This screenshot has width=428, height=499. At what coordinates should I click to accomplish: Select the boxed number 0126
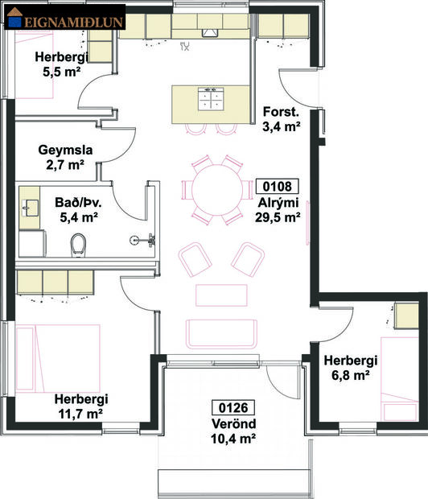coord(233,407)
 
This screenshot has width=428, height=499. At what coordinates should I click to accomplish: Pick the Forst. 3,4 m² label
coord(282,118)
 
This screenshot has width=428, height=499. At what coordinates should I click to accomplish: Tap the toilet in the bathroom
coord(79,243)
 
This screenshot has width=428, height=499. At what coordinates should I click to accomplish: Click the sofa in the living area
coord(221,332)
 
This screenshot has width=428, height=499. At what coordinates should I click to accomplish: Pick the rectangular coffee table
coord(221,295)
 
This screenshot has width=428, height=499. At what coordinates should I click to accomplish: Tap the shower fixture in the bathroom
coord(143,239)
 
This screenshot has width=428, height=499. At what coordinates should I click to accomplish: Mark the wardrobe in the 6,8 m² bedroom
coord(406,315)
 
